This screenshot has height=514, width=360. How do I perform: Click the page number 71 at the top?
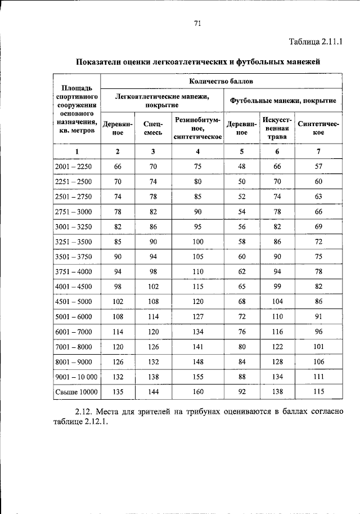197,23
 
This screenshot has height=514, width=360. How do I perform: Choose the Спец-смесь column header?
153,128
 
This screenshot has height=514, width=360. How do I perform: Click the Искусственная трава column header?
277,128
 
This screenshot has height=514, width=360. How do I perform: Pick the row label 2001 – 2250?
77,167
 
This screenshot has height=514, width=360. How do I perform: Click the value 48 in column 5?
242,167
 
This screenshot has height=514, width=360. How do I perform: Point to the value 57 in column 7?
318,167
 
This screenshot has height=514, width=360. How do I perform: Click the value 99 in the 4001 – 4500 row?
277,287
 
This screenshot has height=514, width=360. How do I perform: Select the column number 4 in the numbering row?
197,151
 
